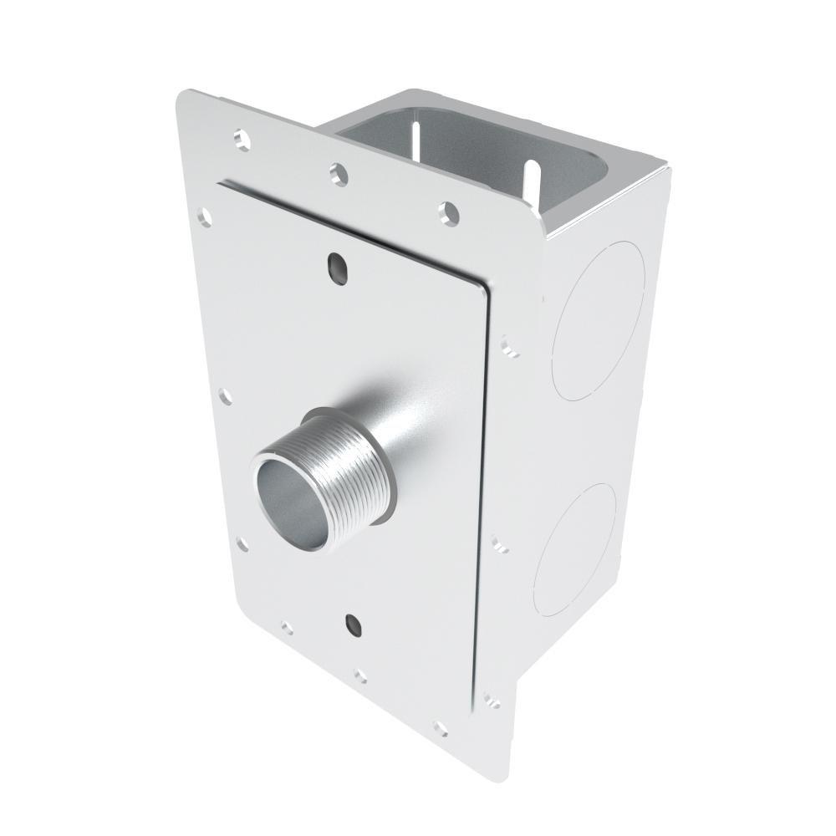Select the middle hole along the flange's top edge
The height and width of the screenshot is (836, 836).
coord(337,172)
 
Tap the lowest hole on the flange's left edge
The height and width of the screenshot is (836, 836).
coord(242,544)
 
